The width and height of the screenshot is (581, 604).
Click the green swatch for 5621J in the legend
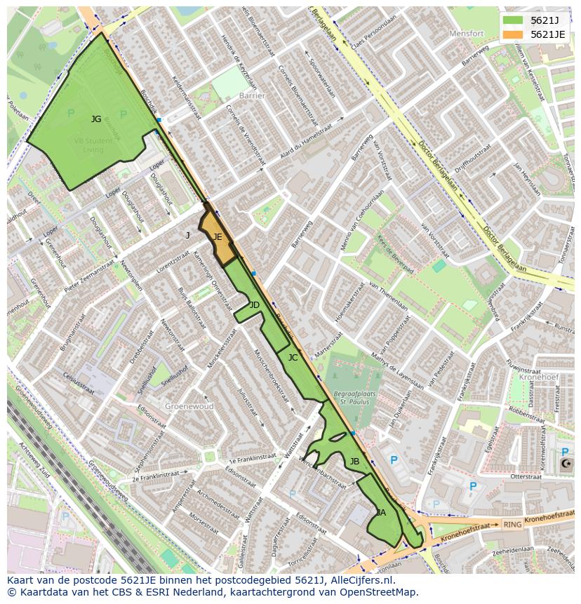point(513,20)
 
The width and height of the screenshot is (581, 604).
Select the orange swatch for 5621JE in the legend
point(513,34)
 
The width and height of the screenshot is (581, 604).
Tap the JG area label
point(96,119)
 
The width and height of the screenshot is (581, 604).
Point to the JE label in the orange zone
point(218,237)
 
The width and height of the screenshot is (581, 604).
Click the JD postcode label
point(254,304)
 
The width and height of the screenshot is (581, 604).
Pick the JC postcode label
point(293,358)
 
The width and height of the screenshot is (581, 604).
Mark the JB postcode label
point(354,461)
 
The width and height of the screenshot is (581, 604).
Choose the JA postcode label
point(381,513)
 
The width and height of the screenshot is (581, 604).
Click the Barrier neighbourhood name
point(252,95)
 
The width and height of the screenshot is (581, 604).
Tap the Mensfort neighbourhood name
point(467,33)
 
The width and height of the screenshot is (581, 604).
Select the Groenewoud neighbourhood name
point(189,405)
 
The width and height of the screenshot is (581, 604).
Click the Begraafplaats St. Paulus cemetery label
point(355,398)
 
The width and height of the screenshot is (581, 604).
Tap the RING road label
point(512,524)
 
